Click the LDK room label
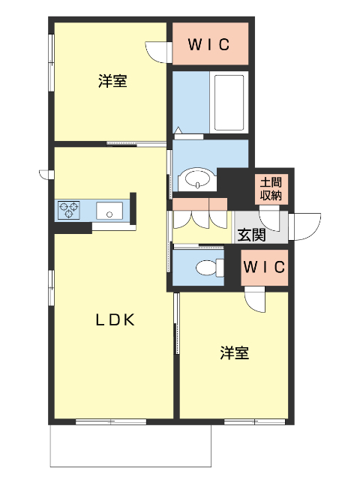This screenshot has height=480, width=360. tap(114, 320)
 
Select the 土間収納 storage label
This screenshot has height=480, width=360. tap(271, 189)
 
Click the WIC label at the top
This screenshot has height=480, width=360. tap(208, 44)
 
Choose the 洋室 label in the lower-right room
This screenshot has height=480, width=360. tap(235, 352)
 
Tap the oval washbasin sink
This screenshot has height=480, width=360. tap(197, 179)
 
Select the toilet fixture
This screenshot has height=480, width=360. tap(207, 267)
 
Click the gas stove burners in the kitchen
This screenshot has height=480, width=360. tap(70, 210)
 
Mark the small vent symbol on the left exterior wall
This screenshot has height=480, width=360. tap(44, 175)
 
